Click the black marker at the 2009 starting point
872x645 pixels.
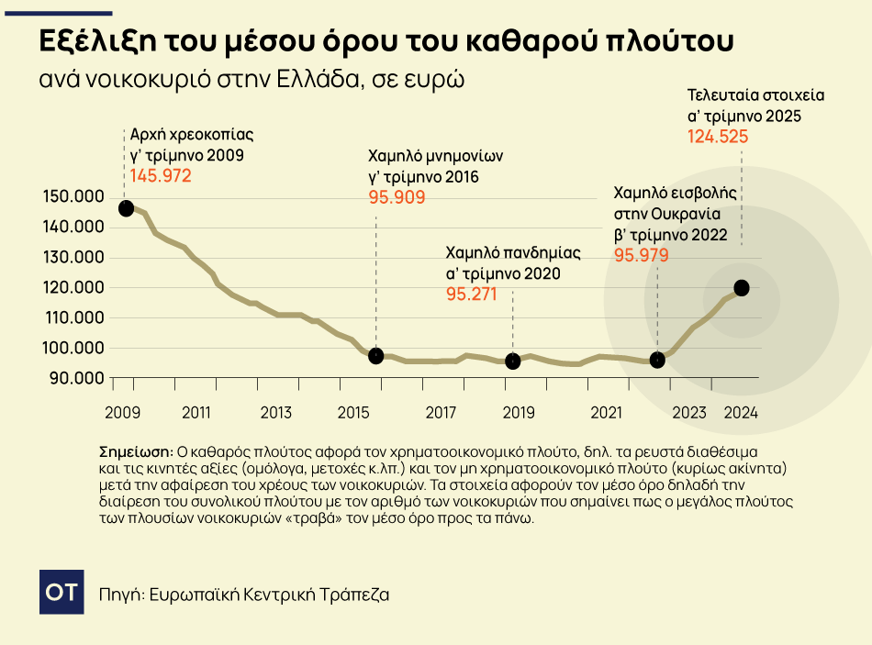pos(126,208)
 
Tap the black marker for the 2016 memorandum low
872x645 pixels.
pos(375,356)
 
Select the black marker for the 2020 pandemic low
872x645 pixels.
pos(513,361)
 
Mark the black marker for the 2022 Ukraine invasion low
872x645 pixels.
pos(657,361)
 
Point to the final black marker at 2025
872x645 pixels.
pos(742,288)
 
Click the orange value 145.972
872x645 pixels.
pos(161,175)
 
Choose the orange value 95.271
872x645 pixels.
pos(471,295)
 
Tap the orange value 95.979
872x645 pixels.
pos(642,256)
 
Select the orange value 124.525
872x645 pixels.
pos(719,138)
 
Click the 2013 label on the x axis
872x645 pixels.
pos(276,413)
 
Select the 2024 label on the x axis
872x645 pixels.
pos(740,413)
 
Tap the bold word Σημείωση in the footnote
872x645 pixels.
pos(135,452)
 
